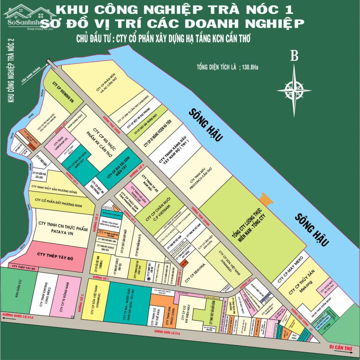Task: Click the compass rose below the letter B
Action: [294, 87]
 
